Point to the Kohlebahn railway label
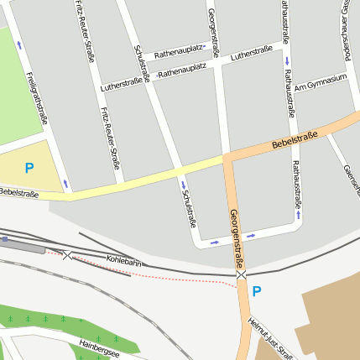[x=124, y=261]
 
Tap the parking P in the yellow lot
[x=29, y=168]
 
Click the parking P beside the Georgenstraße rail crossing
[x=257, y=292]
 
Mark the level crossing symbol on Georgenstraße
[x=241, y=274]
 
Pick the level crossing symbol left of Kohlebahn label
[x=67, y=254]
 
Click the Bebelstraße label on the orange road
[x=295, y=141]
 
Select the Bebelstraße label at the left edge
[x=18, y=193]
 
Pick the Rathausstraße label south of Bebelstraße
[x=297, y=185]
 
